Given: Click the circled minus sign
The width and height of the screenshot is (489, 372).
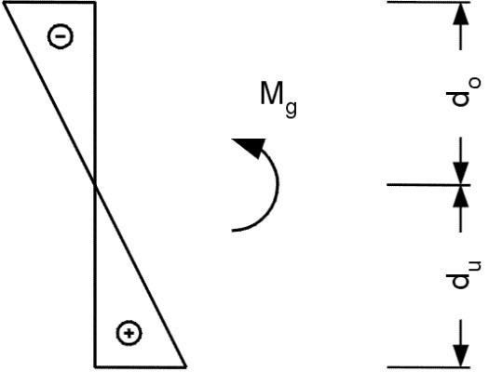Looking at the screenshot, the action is pyautogui.click(x=61, y=36).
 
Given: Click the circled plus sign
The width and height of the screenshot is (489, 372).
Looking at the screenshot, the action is pyautogui.click(x=129, y=333).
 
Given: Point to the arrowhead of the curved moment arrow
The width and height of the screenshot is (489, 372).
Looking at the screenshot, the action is pyautogui.click(x=251, y=147).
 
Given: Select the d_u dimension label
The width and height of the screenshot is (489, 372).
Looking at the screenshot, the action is pyautogui.click(x=464, y=275).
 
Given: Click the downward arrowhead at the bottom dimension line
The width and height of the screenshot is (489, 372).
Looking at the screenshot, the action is pyautogui.click(x=461, y=356).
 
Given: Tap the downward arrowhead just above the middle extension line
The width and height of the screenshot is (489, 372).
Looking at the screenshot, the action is pyautogui.click(x=461, y=173).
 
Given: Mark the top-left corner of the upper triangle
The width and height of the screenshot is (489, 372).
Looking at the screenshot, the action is pyautogui.click(x=4, y=3).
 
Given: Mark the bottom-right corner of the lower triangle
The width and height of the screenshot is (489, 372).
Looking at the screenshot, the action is pyautogui.click(x=186, y=366).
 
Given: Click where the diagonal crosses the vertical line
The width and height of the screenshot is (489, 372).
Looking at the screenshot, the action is pyautogui.click(x=95, y=185).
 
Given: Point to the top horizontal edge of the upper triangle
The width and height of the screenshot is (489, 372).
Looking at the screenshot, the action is pyautogui.click(x=49, y=2).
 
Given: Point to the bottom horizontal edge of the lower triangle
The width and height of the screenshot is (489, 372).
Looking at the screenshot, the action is pyautogui.click(x=141, y=367).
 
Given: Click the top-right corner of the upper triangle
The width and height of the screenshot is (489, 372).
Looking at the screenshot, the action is pyautogui.click(x=95, y=3).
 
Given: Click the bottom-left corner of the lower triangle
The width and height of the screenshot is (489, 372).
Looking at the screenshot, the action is pyautogui.click(x=95, y=366).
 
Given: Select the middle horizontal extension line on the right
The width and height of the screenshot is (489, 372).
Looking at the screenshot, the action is pyautogui.click(x=428, y=185).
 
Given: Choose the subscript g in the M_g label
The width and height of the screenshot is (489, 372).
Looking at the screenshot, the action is pyautogui.click(x=292, y=109).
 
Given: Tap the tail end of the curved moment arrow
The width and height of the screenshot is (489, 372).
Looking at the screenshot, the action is pyautogui.click(x=233, y=231).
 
